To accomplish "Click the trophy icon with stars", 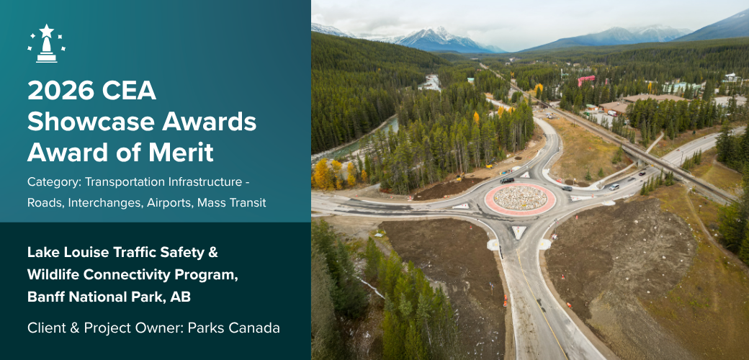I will point(47,43).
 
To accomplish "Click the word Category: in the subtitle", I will point(55,182).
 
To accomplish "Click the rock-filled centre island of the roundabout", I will point(520,198).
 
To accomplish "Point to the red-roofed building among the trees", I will point(586,79).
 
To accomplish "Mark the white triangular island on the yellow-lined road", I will point(519,232).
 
